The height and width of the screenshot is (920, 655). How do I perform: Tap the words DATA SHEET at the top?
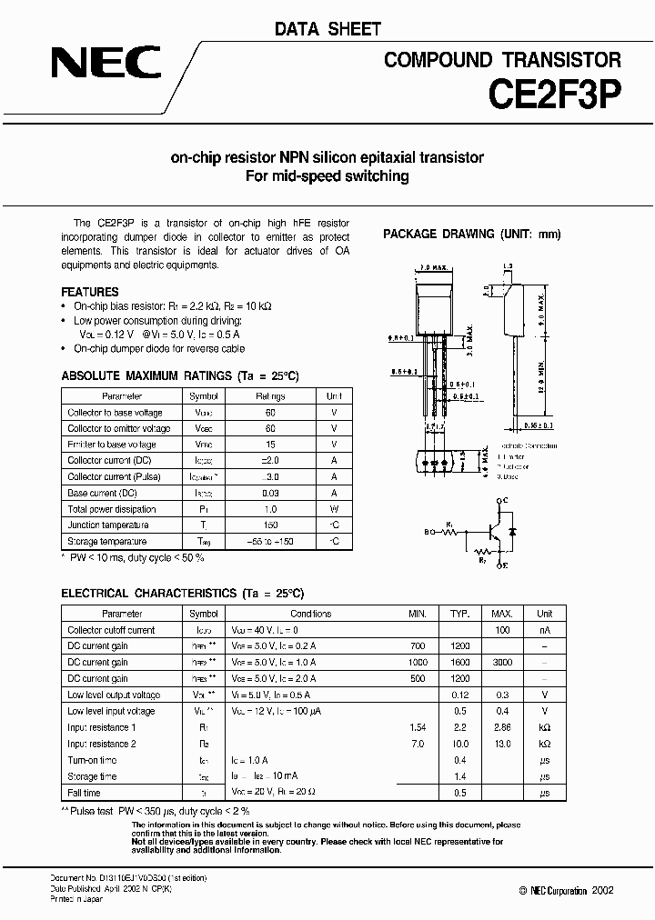327,29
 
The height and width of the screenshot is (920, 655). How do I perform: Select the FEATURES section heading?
89,292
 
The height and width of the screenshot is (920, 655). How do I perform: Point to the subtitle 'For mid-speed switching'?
327,176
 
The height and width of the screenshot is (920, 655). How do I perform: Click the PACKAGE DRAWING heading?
471,234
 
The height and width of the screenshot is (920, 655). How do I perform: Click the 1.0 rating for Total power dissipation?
270,509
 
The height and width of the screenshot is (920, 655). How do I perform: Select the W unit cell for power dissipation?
334,509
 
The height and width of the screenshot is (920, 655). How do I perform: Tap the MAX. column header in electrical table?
502,614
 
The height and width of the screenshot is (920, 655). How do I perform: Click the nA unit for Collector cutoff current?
544,630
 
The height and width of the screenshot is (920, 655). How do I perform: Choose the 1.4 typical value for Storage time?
459,777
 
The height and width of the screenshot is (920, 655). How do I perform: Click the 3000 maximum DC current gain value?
502,663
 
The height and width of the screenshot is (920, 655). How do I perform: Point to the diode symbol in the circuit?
513,530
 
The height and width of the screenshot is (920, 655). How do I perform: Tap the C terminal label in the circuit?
501,500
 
